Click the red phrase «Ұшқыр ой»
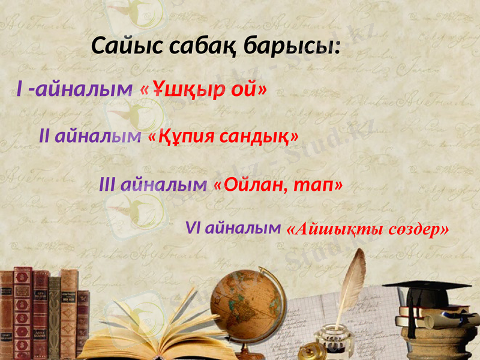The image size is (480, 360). pos(203,90)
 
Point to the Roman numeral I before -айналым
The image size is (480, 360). pos(20,90)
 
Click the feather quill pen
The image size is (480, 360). pos(353,282)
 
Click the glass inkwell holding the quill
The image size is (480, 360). pos(334,336)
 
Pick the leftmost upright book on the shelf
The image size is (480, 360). pos(7,312)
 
